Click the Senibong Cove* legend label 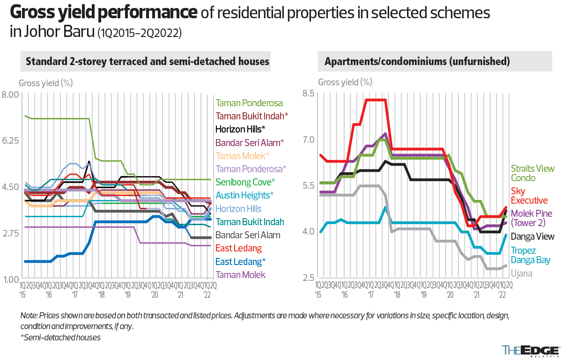coord(246,182)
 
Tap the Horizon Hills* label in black coord(240,129)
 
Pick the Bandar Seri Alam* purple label coord(250,142)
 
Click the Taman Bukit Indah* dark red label coord(252,116)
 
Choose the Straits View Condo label coord(532,173)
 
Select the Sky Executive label coord(529,196)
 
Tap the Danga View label coord(532,237)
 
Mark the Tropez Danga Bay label coord(530,255)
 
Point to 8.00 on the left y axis coord(10,95)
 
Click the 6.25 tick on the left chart coord(10,140)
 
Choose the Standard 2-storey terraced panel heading coord(148,61)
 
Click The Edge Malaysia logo coord(530,351)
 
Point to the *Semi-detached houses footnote coord(60,337)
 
